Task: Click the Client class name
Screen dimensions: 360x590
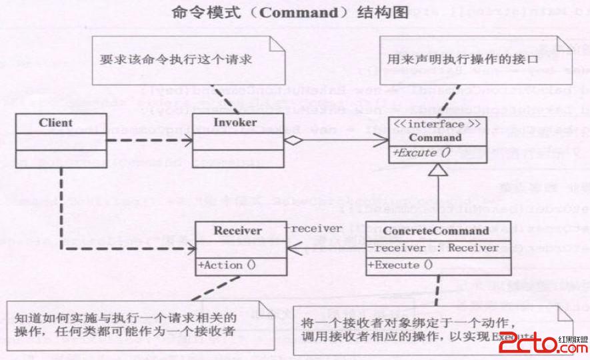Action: pos(55,123)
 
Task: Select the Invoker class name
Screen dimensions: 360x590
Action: pos(235,123)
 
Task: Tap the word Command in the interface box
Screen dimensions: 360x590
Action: pos(435,138)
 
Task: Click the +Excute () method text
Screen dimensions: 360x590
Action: pos(421,153)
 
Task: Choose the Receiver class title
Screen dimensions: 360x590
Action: pos(238,231)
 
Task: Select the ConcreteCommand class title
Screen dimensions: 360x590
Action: pos(436,231)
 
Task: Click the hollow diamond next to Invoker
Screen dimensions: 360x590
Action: pos(292,141)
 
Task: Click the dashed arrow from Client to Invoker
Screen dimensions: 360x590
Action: pos(150,141)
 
